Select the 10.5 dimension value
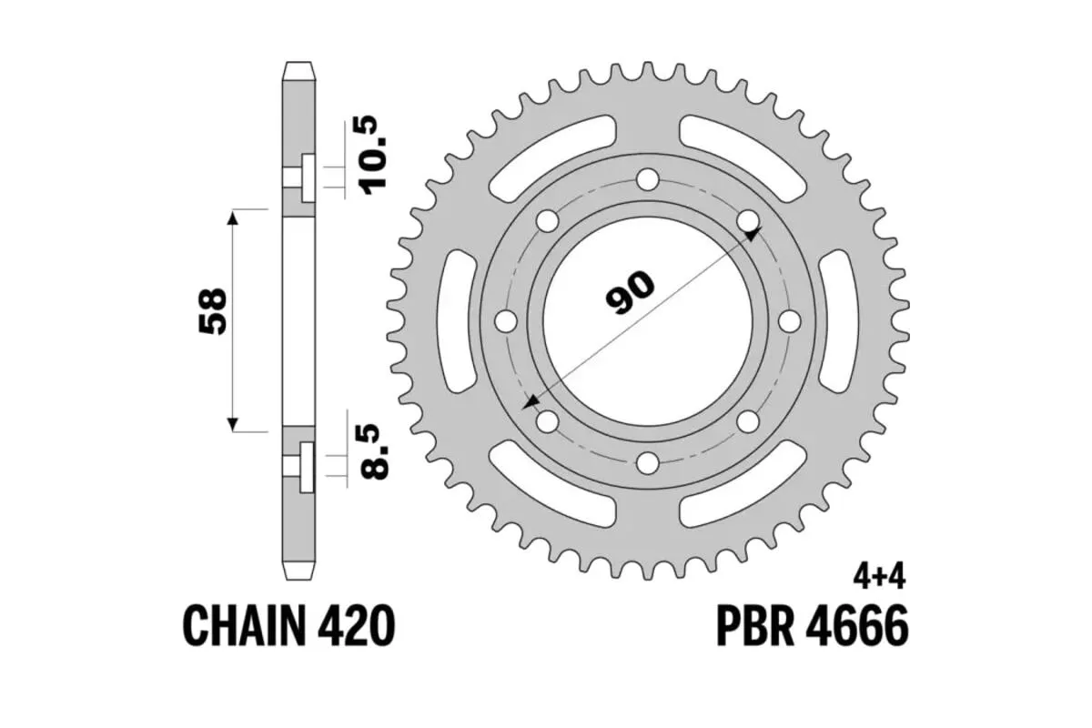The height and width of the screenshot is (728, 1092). click(376, 156)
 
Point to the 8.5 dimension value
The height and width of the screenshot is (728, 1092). click(376, 452)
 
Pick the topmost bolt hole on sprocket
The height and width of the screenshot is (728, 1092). click(647, 179)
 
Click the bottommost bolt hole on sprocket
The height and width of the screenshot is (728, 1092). click(647, 463)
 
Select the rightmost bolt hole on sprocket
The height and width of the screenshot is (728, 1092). click(789, 321)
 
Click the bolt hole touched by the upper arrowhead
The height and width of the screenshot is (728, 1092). click(747, 221)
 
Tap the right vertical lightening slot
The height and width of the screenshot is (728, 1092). click(839, 321)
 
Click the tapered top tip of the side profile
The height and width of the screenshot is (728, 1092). click(299, 69)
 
